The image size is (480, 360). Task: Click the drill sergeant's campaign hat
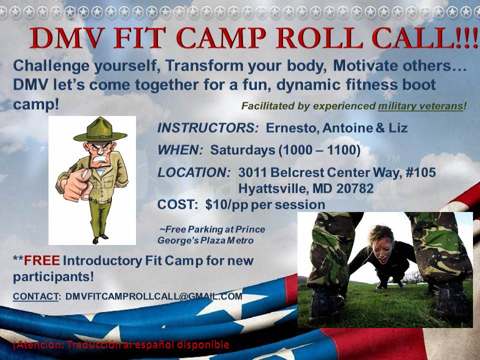click(x=100, y=131)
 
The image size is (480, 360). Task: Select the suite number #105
click(x=420, y=172)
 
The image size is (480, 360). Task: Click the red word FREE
click(x=42, y=260)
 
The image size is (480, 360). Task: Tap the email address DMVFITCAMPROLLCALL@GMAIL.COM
click(x=153, y=296)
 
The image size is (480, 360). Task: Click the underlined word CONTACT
click(x=35, y=296)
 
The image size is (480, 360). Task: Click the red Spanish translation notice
click(x=121, y=344)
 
